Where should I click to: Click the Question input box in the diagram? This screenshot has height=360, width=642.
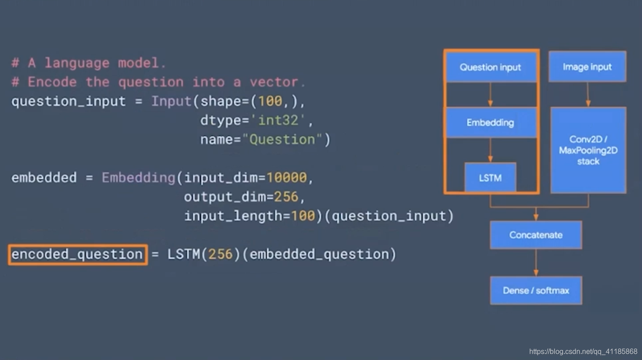click(x=490, y=67)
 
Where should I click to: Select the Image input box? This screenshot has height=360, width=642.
click(x=587, y=67)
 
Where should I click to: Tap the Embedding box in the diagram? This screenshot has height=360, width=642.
click(x=490, y=122)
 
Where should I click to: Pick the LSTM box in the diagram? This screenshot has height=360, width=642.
click(x=490, y=178)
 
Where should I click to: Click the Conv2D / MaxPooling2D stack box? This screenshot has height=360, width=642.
click(x=588, y=150)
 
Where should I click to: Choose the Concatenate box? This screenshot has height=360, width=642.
click(x=536, y=235)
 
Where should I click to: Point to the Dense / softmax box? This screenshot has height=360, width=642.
click(x=536, y=291)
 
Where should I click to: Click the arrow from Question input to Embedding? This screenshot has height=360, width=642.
click(x=490, y=94)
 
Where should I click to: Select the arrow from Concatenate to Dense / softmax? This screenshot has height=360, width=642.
click(x=536, y=262)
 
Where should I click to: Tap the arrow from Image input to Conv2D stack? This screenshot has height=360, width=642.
click(x=588, y=94)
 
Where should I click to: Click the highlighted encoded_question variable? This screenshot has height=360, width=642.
click(x=78, y=254)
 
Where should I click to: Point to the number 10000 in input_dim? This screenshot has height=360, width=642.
click(x=287, y=178)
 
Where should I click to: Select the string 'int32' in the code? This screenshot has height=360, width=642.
click(x=279, y=121)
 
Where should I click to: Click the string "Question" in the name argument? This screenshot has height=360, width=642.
click(x=282, y=140)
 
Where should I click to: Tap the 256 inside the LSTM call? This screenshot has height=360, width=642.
click(x=221, y=254)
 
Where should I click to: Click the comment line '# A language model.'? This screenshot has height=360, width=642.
click(x=89, y=63)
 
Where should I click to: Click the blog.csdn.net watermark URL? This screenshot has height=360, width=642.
click(x=583, y=352)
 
